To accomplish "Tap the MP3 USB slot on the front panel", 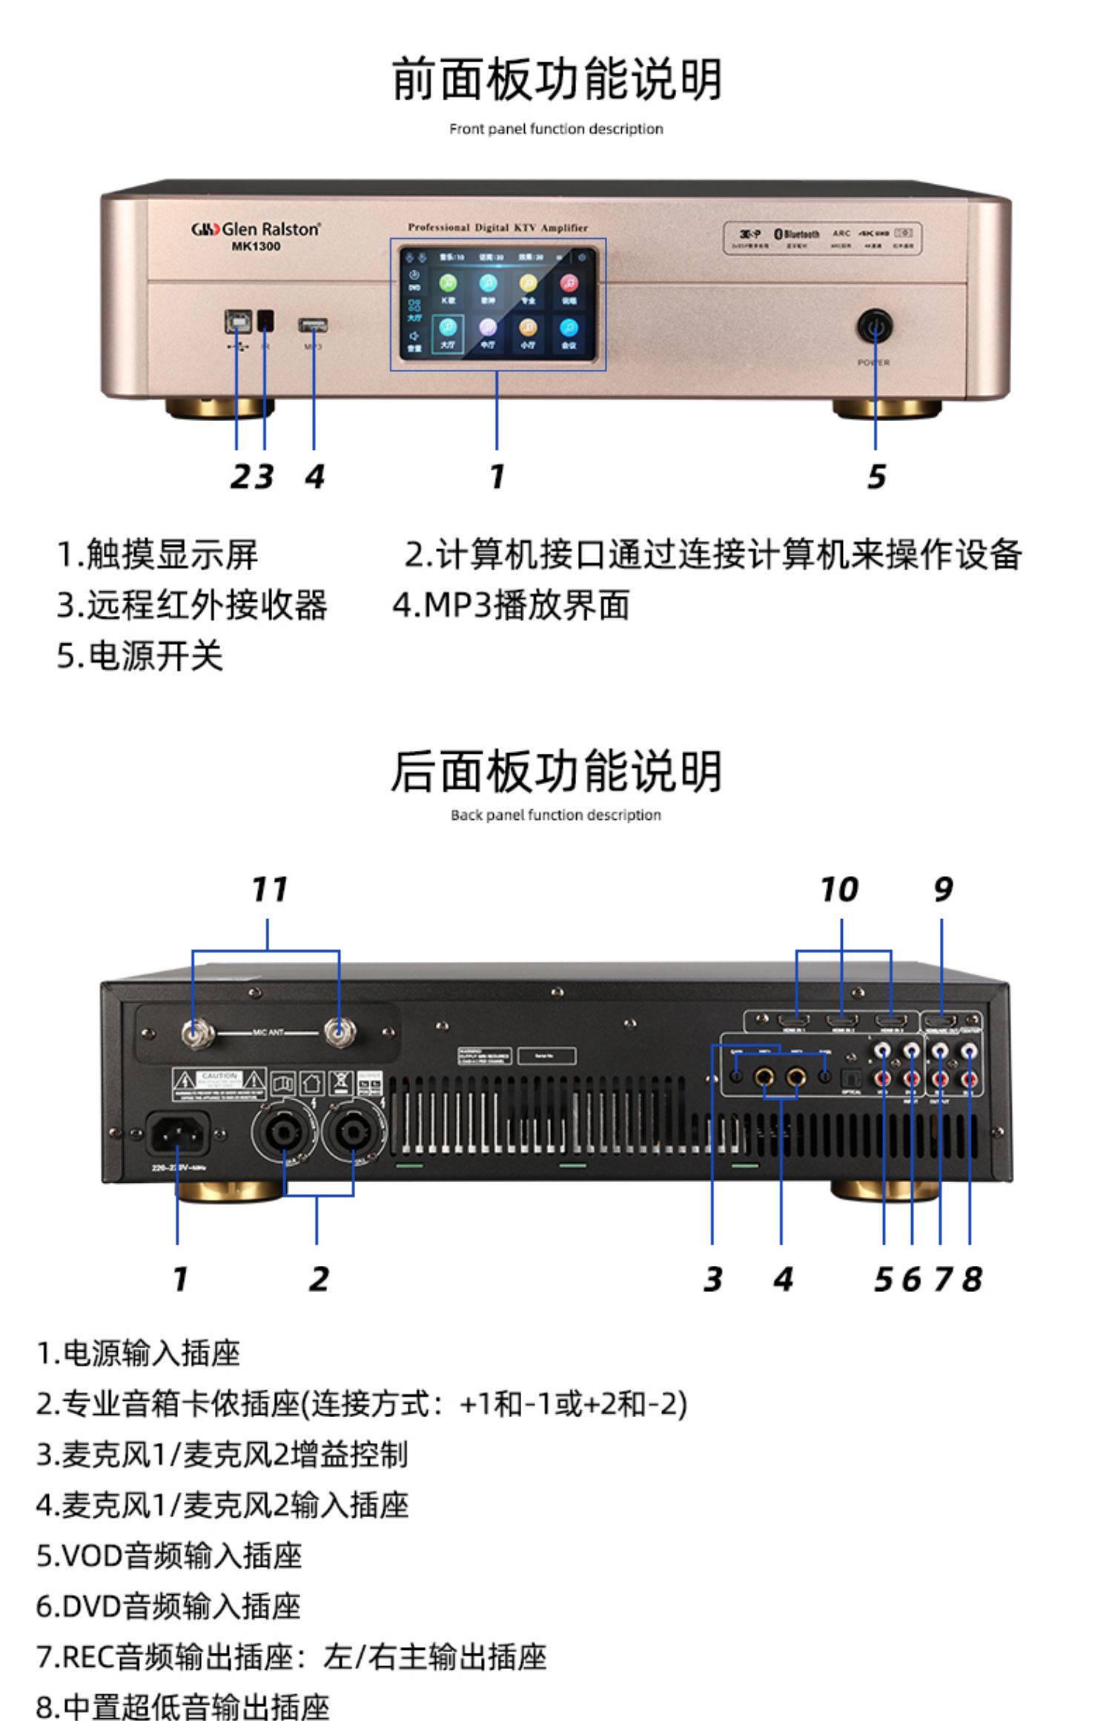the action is point(313,325).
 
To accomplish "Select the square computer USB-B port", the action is point(237,321).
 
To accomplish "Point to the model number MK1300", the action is point(256,246).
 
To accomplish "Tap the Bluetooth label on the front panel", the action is point(797,234).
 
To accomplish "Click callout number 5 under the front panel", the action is point(876,476).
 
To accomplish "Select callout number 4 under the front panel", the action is point(315,476).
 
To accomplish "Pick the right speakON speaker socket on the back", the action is point(353,1133).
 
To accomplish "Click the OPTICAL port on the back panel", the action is point(851,1076).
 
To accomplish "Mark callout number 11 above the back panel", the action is point(268,889).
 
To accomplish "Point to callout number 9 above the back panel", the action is point(942,889).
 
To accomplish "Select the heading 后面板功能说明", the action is point(556,771).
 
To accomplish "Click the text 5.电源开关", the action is point(140,656).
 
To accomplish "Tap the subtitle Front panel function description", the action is point(556,129).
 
